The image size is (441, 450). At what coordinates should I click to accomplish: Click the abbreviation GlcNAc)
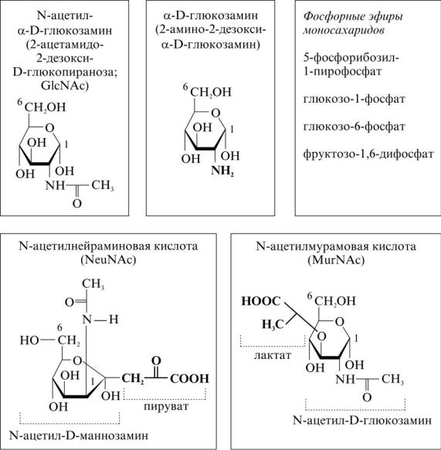click(x=65, y=86)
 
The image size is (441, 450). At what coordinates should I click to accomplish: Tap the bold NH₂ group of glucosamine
click(x=222, y=171)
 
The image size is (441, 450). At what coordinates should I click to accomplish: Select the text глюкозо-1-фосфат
click(x=354, y=99)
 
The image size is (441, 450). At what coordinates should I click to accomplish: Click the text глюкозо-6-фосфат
click(x=354, y=127)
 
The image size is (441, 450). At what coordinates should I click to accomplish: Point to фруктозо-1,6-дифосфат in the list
click(x=368, y=154)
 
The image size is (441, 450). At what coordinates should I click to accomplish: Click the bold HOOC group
click(x=261, y=301)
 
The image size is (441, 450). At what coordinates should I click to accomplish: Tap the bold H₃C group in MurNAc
click(x=273, y=324)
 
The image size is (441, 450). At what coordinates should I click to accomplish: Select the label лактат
click(x=273, y=355)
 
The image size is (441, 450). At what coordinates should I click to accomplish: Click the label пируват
click(x=166, y=406)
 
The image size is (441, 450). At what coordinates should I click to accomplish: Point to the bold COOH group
click(x=189, y=378)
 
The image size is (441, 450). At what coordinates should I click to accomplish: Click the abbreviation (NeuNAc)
click(x=108, y=259)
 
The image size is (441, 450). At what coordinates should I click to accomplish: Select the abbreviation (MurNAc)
click(x=336, y=259)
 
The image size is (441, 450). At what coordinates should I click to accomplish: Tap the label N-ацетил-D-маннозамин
click(x=79, y=435)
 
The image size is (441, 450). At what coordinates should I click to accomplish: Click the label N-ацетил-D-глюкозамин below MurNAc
click(x=362, y=420)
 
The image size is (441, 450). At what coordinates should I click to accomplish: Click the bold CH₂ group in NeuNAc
click(x=133, y=379)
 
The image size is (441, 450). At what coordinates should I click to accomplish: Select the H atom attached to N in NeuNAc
click(x=114, y=319)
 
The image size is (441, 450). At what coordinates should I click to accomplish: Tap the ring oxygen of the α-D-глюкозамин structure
click(x=215, y=113)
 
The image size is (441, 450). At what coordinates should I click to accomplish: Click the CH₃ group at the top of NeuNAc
click(x=93, y=284)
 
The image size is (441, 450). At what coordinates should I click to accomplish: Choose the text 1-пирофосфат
click(x=342, y=72)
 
